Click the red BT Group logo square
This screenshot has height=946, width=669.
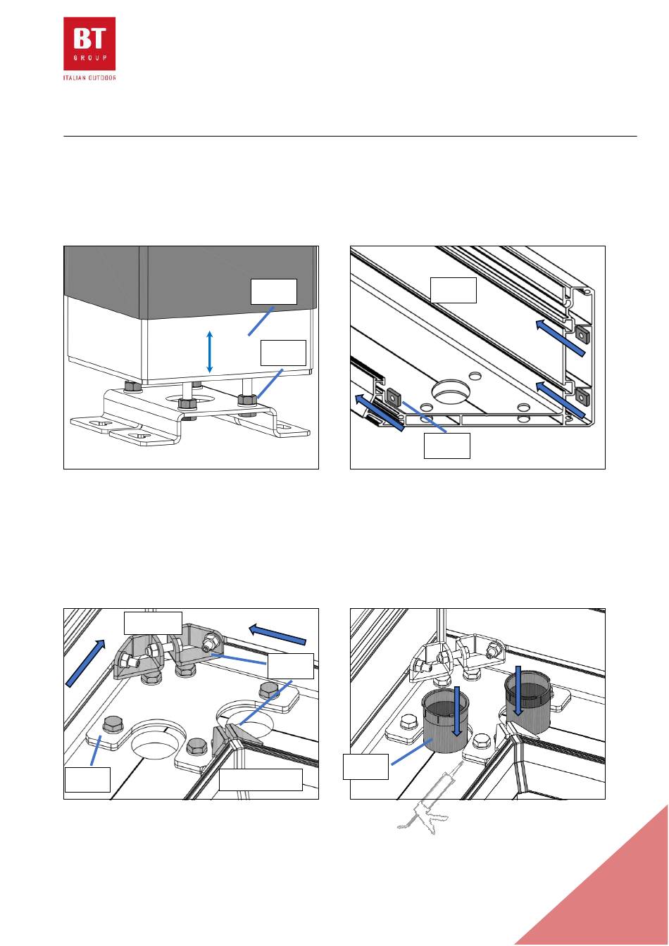89,44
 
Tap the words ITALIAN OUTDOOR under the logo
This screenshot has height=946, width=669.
89,77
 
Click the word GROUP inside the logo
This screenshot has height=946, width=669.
89,58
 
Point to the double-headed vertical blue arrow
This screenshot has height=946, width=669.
209,352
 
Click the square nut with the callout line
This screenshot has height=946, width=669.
394,396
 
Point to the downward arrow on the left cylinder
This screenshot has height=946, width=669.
457,711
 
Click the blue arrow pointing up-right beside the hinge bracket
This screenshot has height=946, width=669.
85,663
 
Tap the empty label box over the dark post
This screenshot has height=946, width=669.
274,291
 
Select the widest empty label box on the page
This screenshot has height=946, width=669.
261,780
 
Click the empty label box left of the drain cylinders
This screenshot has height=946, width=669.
365,767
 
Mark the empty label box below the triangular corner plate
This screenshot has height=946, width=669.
447,446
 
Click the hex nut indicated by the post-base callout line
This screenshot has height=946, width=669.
247,399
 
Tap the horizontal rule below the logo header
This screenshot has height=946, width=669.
350,136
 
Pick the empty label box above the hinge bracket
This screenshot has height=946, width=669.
153,623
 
